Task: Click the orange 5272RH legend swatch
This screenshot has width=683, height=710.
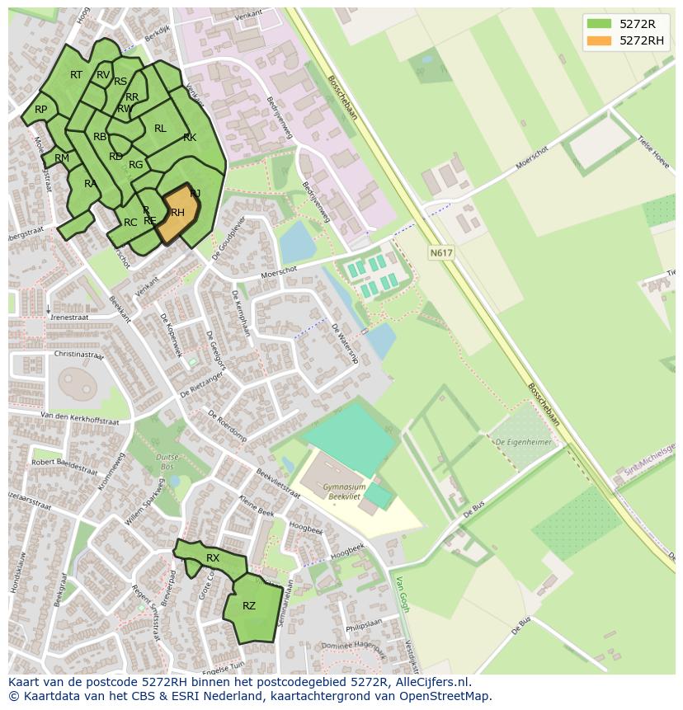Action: tap(599, 40)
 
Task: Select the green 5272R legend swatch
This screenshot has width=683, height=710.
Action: tap(599, 24)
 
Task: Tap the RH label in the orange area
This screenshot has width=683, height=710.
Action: tap(177, 213)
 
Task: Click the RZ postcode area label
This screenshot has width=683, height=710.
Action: tap(249, 606)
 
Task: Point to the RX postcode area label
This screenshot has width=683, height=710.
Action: tap(213, 558)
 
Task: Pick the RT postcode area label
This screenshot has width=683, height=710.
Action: tap(76, 75)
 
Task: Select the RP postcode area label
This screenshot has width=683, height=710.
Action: tap(40, 110)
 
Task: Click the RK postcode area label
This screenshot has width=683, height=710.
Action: tap(190, 138)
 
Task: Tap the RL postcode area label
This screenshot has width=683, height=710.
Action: tap(160, 129)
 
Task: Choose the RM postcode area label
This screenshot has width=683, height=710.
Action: tap(62, 158)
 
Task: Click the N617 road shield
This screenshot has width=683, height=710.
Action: tap(441, 253)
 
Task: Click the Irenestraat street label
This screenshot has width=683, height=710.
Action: tap(69, 317)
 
